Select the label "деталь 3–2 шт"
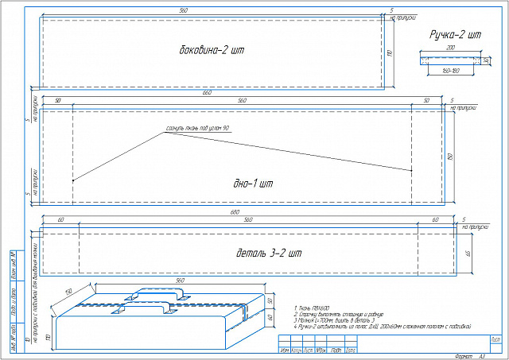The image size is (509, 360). coord(270,254)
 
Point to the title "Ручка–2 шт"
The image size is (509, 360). coord(457,36)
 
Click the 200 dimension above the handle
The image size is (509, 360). coord(450,48)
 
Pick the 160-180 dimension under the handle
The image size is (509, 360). coord(449,71)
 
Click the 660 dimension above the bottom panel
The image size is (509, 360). coord(207,94)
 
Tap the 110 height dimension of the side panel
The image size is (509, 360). coord(390,52)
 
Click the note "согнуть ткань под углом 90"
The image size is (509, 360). coord(197,128)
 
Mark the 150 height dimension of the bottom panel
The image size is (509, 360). coord(450,157)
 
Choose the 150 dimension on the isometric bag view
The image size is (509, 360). coord(68,291)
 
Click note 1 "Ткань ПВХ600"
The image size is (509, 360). coord(312,307)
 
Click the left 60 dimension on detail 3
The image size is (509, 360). coord(60,219)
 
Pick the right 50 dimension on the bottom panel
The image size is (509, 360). coord(426,101)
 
